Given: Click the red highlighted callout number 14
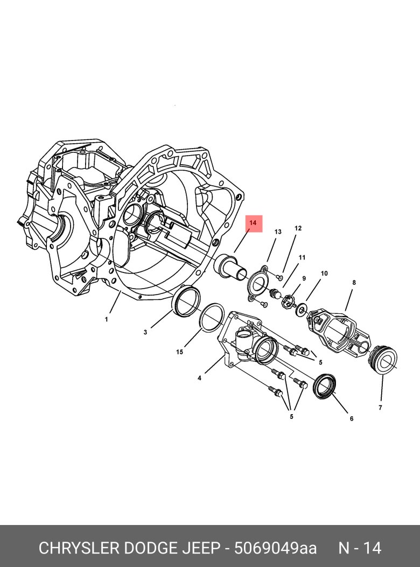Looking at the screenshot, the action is (x=253, y=223).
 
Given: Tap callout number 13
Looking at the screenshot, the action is (x=278, y=232).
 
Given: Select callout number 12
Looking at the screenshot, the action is (x=298, y=228).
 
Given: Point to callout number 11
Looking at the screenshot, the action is (x=302, y=257).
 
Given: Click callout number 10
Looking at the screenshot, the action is (x=324, y=274).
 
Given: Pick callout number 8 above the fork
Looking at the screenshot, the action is (x=354, y=282).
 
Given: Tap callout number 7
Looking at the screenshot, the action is (x=380, y=408).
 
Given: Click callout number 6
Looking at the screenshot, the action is (x=351, y=419).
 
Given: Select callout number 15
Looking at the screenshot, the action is (x=180, y=352).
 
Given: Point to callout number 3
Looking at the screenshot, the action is (x=145, y=332).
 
